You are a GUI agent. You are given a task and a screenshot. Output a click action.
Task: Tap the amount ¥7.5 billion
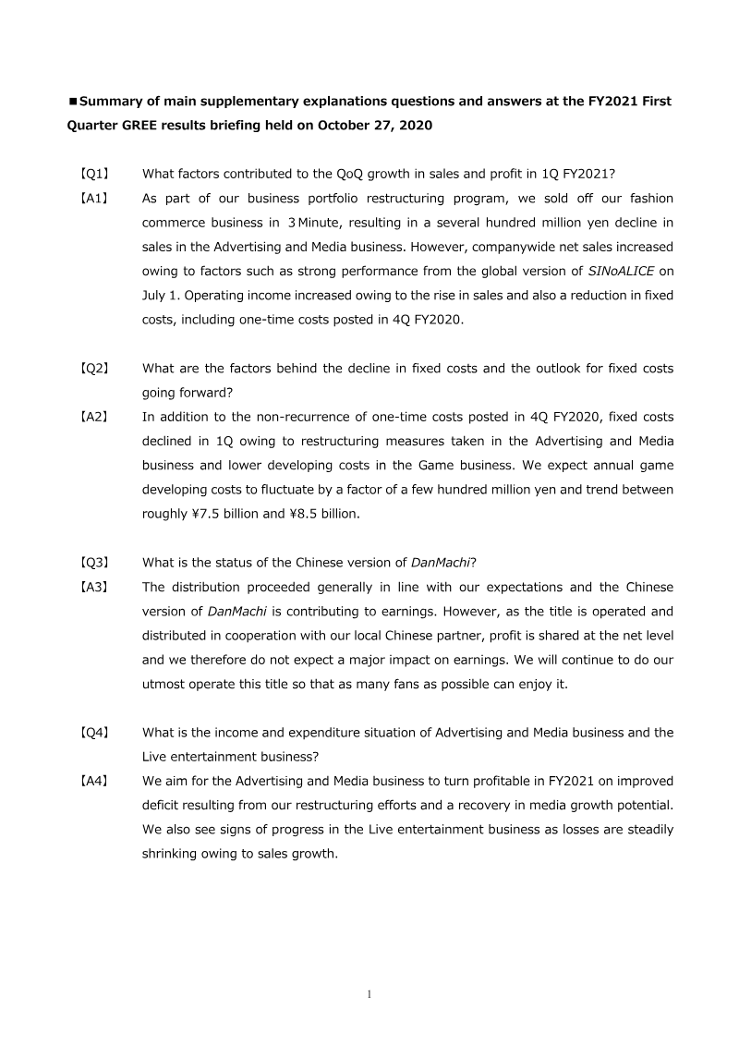(x=225, y=514)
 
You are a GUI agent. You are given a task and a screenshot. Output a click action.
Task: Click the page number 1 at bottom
(x=369, y=994)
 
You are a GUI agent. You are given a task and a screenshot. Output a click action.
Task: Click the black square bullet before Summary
(x=73, y=101)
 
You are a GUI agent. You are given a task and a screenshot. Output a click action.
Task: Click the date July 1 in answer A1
(x=161, y=296)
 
